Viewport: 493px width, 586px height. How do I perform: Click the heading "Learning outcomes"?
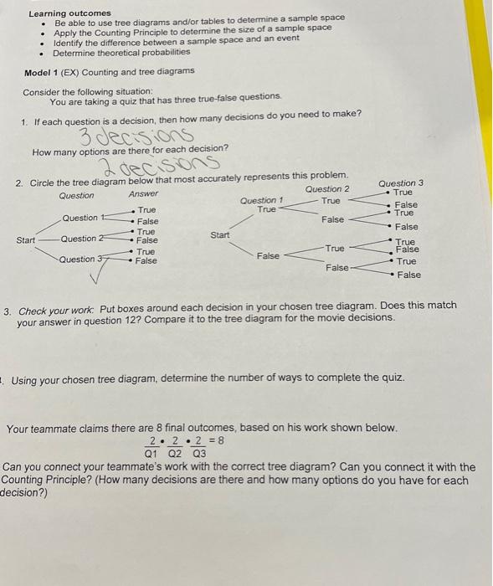click(69, 13)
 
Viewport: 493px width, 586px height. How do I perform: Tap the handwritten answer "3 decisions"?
click(137, 136)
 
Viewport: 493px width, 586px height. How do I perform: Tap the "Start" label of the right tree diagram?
click(220, 235)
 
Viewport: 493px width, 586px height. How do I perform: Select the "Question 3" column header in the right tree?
click(401, 182)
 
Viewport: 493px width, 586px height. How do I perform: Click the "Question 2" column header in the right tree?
click(328, 188)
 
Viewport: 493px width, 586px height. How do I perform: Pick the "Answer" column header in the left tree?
click(144, 194)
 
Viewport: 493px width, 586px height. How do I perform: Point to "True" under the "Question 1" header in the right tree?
click(266, 209)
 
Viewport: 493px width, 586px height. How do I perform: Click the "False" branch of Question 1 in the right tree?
click(268, 255)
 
